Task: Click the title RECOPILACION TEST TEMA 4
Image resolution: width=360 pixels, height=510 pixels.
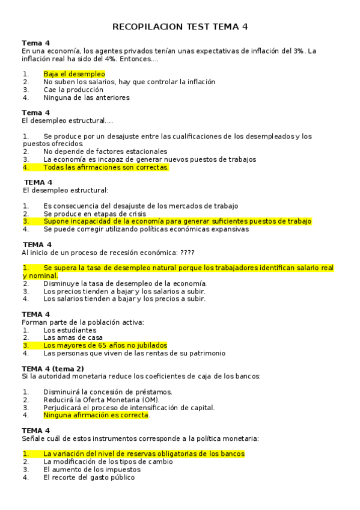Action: pos(180,27)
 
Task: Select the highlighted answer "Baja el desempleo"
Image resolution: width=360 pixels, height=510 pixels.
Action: pos(74,74)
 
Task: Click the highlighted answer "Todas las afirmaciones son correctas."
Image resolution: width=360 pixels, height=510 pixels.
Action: pos(106,167)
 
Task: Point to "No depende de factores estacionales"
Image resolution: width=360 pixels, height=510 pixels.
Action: pos(105,152)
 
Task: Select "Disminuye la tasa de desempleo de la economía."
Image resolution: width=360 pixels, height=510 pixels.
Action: pos(125,283)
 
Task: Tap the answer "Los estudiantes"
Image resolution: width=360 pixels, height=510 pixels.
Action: pos(70,330)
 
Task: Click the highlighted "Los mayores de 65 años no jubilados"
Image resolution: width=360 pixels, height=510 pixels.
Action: pos(105,346)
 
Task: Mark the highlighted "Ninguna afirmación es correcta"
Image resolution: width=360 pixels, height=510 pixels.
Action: pos(96,415)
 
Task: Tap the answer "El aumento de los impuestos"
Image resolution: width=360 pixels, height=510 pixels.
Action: pos(92,470)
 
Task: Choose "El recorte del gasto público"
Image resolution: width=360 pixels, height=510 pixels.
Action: pos(89,478)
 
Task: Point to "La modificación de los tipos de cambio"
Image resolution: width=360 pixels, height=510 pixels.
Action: pos(108,462)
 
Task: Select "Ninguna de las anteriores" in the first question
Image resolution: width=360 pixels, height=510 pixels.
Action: pos(87,97)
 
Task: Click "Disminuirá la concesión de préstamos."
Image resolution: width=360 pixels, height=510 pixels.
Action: pos(108,392)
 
